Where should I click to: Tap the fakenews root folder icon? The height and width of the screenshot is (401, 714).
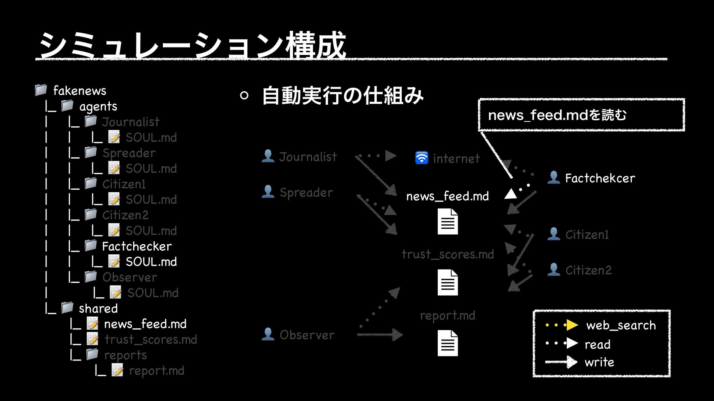pos(41,89)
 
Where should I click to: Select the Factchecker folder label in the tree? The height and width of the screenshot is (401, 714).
pos(137,246)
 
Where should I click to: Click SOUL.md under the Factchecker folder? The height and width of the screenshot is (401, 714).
pos(151,262)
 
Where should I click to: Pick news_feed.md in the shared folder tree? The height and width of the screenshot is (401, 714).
pos(145,324)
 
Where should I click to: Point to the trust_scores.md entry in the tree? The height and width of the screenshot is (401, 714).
pos(151,339)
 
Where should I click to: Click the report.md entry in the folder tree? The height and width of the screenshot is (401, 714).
pos(157,371)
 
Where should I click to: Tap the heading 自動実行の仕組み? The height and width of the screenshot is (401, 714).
pos(342,95)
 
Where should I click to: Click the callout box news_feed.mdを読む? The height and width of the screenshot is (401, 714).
pos(581,115)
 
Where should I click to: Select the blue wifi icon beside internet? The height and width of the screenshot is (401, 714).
pos(422,158)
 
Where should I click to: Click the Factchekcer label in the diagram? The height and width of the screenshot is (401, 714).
pos(600,178)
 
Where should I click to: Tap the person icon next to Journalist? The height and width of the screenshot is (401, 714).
pos(268,156)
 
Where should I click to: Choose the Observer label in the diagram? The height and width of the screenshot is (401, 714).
pos(307,335)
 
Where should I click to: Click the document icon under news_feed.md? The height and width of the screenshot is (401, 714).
pos(448,221)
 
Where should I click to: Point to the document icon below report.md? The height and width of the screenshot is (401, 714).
pos(448,343)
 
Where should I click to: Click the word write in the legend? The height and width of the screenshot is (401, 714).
pos(599,362)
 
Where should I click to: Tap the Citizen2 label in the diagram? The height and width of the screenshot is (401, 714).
pos(588,270)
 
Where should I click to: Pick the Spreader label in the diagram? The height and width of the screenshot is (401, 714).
pos(306,192)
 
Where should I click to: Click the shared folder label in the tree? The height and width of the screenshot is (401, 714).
pos(98,309)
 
